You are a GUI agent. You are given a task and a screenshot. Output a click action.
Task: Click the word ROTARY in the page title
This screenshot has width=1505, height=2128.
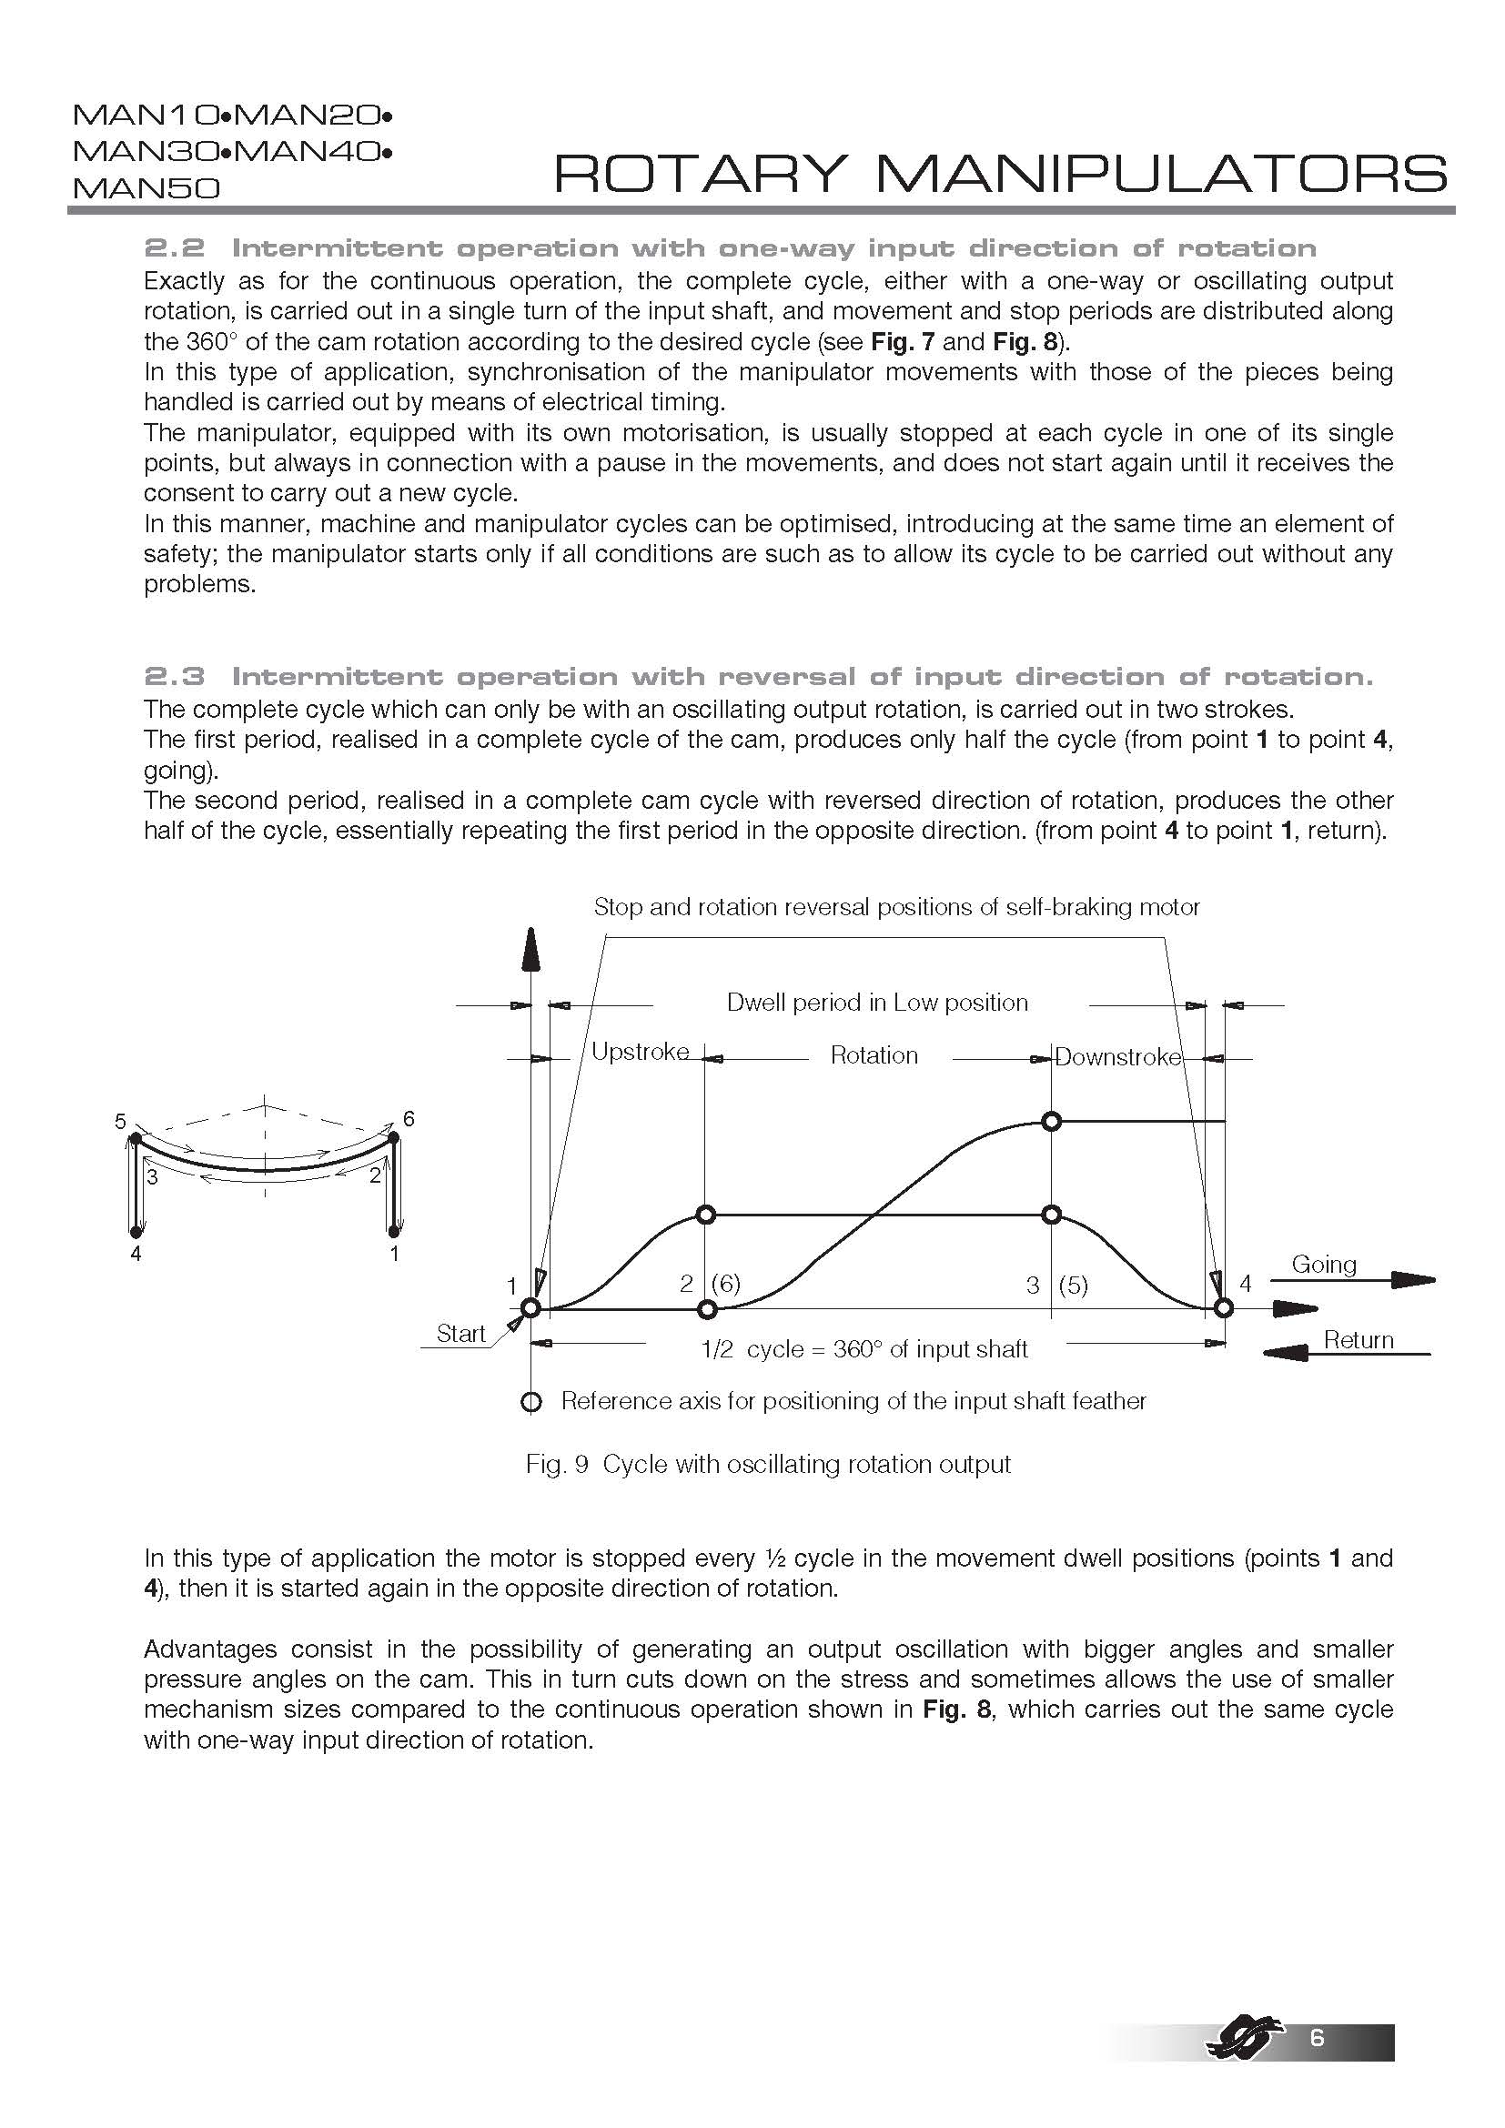point(701,174)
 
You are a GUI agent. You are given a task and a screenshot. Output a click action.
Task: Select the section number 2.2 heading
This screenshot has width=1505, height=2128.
point(173,248)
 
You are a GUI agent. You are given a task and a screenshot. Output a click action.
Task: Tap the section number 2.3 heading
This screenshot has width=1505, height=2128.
point(173,677)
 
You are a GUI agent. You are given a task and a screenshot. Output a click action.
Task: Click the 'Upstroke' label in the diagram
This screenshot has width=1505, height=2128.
point(640,1052)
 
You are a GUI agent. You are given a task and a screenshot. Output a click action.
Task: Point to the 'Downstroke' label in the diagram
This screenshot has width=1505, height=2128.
point(1117,1056)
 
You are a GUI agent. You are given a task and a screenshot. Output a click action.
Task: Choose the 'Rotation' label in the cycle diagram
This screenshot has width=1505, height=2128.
point(874,1055)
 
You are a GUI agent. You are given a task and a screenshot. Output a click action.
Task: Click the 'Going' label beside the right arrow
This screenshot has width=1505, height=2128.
point(1323,1265)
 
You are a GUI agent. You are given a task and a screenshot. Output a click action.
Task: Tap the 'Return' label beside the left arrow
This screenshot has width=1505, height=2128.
point(1358,1340)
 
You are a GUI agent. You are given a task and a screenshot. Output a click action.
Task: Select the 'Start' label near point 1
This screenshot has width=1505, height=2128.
point(460,1334)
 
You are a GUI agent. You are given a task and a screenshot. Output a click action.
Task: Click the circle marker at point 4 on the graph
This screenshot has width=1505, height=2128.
point(1223,1308)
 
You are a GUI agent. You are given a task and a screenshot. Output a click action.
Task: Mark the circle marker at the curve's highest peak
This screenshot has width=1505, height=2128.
point(1051,1122)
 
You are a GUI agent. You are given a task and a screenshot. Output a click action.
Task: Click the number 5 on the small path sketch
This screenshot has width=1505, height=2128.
point(120,1123)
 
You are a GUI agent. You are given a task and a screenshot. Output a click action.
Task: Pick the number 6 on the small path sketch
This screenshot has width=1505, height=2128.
point(409,1119)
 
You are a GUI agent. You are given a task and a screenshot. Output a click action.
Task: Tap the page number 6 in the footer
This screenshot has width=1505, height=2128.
point(1317,2037)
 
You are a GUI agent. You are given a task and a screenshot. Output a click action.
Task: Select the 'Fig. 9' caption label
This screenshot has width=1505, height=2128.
point(557,1465)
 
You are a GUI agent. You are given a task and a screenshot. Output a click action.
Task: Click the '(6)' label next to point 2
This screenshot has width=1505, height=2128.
point(725,1284)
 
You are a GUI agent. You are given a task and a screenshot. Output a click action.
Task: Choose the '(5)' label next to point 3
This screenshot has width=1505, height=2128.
point(1073,1286)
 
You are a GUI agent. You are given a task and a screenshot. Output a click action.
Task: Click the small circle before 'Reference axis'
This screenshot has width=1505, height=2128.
point(531,1402)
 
